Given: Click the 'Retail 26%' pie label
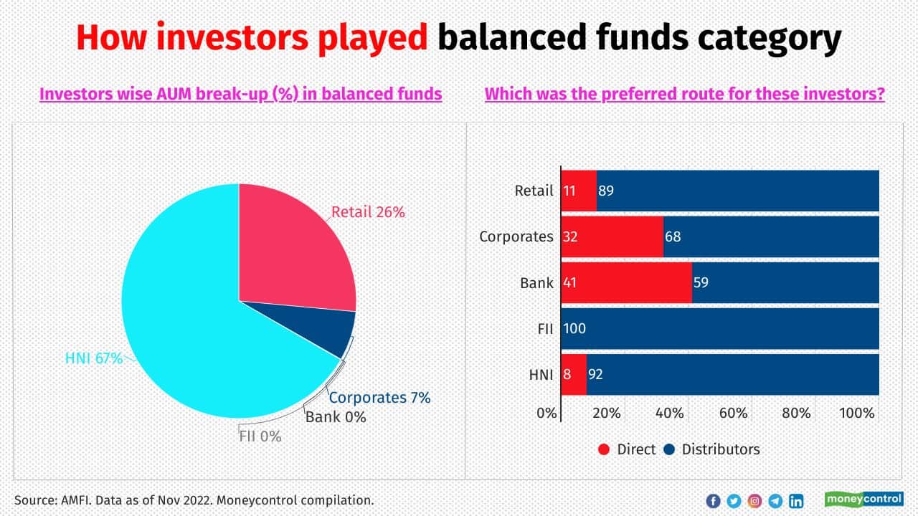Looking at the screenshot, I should click(x=368, y=212).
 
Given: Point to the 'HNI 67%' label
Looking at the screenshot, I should click(x=94, y=358).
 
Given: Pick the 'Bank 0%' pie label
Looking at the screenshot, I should click(x=336, y=416).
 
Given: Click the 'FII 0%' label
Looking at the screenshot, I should click(x=260, y=435).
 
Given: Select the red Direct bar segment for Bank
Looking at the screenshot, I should click(x=626, y=282).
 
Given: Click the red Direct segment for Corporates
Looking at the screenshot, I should click(x=612, y=236).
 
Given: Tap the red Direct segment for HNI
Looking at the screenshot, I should click(x=574, y=373).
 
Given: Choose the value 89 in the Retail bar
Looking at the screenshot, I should click(x=606, y=191).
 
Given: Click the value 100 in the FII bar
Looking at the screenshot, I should click(x=574, y=328).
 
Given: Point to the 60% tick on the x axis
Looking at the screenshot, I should click(x=734, y=414).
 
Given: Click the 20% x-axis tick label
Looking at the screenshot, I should click(x=607, y=414).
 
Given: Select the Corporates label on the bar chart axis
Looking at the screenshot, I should click(x=516, y=236).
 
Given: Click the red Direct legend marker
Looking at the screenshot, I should click(x=604, y=449).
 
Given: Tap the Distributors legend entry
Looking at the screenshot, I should click(x=720, y=449).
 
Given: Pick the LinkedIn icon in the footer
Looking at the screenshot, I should click(x=796, y=501).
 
